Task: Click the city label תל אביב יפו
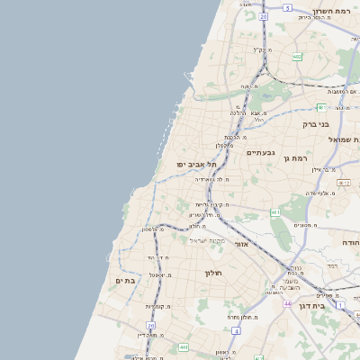(198, 165)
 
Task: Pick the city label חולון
(213, 272)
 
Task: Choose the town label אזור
(240, 244)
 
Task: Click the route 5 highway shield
(287, 7)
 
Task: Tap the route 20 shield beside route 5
(263, 16)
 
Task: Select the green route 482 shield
(296, 56)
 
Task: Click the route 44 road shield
(286, 304)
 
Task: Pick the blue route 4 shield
(235, 331)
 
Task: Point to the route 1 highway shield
(341, 306)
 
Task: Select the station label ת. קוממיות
(160, 306)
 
